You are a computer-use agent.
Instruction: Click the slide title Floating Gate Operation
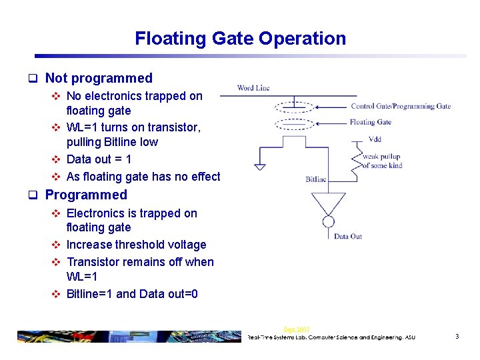coord(240,39)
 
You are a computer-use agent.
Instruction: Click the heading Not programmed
coord(99,78)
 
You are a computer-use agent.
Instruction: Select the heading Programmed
coord(86,195)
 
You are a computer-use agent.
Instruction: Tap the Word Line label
coord(253,88)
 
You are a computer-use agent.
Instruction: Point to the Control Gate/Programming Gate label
coord(401,106)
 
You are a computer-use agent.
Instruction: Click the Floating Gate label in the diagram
coord(370,122)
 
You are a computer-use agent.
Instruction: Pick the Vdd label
coord(375,139)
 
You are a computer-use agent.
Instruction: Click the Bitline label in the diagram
coord(316,179)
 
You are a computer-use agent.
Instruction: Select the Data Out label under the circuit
coord(348,236)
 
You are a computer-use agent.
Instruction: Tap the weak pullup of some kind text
coord(383,161)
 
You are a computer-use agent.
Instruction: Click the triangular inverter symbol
coord(329,203)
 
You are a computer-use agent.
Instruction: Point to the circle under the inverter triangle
coord(329,222)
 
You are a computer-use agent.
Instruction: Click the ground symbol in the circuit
coord(260,167)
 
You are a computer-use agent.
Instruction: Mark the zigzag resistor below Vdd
coord(355,159)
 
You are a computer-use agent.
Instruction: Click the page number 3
coord(457,337)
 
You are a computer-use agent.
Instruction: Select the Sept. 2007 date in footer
coord(296,329)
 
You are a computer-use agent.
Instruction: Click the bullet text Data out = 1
coord(99,159)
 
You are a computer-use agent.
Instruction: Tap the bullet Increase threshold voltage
coord(136,245)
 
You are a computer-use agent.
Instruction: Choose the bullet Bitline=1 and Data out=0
coord(132,294)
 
